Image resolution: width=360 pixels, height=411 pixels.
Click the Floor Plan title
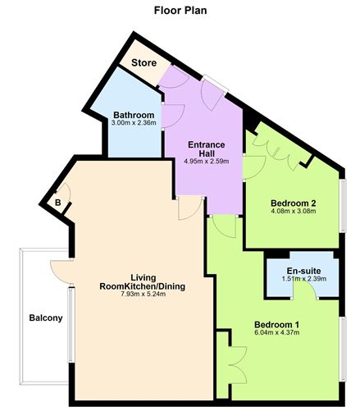[x=180, y=11]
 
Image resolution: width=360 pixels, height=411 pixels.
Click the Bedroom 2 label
[x=293, y=203]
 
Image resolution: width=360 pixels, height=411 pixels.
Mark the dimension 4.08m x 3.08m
[x=293, y=211]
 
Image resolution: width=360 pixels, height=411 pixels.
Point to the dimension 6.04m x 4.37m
[x=276, y=334]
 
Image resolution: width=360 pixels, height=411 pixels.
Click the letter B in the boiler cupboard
[x=58, y=203]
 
